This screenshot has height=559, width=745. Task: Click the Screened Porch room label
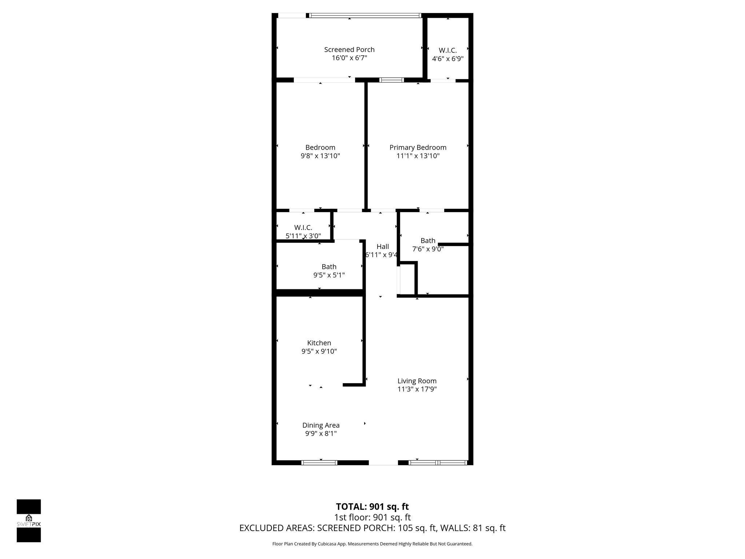coord(349,49)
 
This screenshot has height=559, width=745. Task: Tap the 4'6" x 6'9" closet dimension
coord(447,59)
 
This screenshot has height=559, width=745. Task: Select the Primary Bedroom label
coord(418,147)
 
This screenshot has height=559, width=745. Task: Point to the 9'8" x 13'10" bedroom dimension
coord(320,156)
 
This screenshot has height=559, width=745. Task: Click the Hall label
coord(382,246)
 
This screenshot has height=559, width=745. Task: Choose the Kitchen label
coord(319,343)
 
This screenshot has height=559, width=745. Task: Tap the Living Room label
coord(417,381)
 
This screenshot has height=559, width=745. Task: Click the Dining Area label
coord(321,425)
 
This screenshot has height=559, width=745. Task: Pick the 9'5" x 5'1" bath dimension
coord(329,275)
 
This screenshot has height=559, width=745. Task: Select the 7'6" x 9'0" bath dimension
coord(428,249)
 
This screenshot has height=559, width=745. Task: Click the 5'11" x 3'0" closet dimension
coord(303,236)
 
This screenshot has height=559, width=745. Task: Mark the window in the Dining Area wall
coord(319,463)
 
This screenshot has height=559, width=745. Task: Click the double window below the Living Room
coord(437,463)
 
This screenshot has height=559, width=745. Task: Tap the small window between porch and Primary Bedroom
coord(391,80)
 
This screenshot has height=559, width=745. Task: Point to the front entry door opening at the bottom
coord(383,463)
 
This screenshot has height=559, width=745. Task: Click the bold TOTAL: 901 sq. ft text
coord(372,507)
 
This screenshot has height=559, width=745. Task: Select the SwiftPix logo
coord(29,521)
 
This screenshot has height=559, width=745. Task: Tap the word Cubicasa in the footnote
coord(330,544)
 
